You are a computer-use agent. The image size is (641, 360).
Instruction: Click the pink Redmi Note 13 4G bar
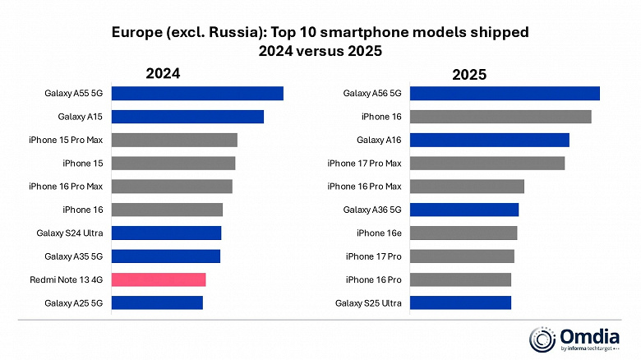pyautogui.click(x=158, y=279)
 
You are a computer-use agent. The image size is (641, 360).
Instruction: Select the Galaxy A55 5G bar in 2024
pyautogui.click(x=197, y=93)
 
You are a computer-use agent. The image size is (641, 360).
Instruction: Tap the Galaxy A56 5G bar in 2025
pyautogui.click(x=504, y=93)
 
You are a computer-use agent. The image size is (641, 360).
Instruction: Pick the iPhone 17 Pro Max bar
pyautogui.click(x=487, y=163)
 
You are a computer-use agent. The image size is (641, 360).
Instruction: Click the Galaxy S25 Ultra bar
pyautogui.click(x=460, y=303)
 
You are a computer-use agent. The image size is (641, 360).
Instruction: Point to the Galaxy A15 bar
pyautogui.click(x=187, y=117)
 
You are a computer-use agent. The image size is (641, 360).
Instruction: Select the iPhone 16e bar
pyautogui.click(x=463, y=233)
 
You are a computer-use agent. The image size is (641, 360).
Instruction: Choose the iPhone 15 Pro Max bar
pyautogui.click(x=174, y=140)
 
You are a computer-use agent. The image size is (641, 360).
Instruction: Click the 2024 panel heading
pyautogui.click(x=163, y=73)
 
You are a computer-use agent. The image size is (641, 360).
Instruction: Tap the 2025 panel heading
pyautogui.click(x=469, y=75)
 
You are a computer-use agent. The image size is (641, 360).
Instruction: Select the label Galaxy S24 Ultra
pyautogui.click(x=69, y=233)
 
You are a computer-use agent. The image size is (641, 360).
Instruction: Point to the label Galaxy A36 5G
pyautogui.click(x=371, y=210)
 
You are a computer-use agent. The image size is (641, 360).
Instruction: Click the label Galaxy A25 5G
pyautogui.click(x=74, y=303)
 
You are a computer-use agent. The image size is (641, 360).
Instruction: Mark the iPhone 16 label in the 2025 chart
pyautogui.click(x=385, y=117)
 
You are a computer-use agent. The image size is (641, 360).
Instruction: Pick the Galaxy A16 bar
pyautogui.click(x=489, y=140)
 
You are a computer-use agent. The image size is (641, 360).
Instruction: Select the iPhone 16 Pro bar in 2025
pyautogui.click(x=460, y=279)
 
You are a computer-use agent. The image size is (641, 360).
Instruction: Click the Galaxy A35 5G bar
pyautogui.click(x=165, y=256)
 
